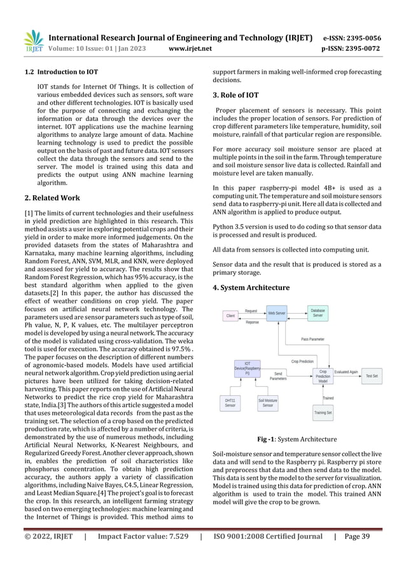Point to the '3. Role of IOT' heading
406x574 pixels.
pos(235,95)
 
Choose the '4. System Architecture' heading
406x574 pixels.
pos(251,288)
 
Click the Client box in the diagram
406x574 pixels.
pos(230,316)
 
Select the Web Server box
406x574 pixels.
pos(276,313)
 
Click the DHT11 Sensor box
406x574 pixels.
pos(230,402)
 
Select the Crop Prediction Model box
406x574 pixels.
pos(323,376)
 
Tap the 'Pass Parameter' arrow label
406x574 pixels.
pos(312,340)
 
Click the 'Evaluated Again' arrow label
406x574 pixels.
pos(347,371)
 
